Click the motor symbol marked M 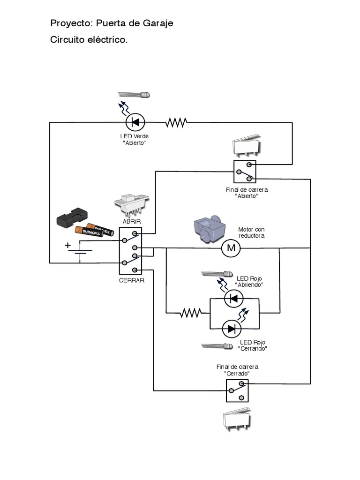pos(231,248)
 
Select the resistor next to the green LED pos(176,123)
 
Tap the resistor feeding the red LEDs pos(191,313)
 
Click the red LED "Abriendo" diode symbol pos(234,298)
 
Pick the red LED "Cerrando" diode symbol pos(232,329)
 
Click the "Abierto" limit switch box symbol pos(245,171)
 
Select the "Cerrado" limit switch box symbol pos(238,390)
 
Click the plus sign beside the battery pos(67,245)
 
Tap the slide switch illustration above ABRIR pos(132,203)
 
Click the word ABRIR pos(132,221)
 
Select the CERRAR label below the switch pos(132,280)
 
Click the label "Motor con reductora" pos(251,232)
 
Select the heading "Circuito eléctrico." pos(89,40)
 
